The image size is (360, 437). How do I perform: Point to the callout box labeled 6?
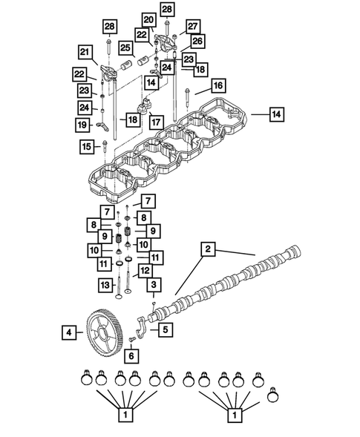131,356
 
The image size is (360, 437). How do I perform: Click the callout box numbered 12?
145,271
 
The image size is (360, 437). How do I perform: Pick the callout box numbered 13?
105,284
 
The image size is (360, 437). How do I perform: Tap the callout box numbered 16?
219,87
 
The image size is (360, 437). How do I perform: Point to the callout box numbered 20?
148,19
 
